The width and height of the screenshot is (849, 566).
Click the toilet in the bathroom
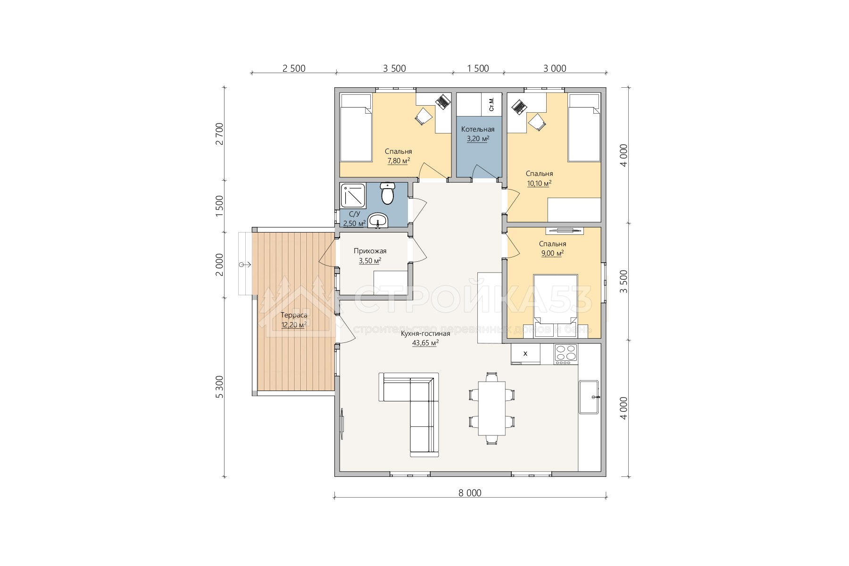pyautogui.click(x=388, y=193)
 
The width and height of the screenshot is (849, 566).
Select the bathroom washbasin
pyautogui.click(x=378, y=220)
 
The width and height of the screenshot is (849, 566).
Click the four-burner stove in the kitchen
pyautogui.click(x=566, y=354)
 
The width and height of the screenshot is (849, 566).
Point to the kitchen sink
pyautogui.click(x=589, y=397)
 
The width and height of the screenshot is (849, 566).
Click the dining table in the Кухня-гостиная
pyautogui.click(x=492, y=408)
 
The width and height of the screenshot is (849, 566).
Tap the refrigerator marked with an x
pyautogui.click(x=525, y=354)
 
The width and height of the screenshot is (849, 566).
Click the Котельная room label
pyautogui.click(x=478, y=129)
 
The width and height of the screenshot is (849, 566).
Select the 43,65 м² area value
pyautogui.click(x=425, y=343)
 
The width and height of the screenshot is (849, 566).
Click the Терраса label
pyautogui.click(x=294, y=316)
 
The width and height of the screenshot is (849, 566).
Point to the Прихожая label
pyautogui.click(x=370, y=251)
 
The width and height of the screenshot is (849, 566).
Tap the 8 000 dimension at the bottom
pyautogui.click(x=470, y=493)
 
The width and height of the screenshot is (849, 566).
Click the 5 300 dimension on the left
pyautogui.click(x=219, y=387)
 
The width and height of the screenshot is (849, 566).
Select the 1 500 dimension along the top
pyautogui.click(x=478, y=68)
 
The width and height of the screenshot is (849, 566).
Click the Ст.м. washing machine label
pyautogui.click(x=491, y=104)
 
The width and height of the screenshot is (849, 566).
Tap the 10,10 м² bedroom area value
pyautogui.click(x=539, y=183)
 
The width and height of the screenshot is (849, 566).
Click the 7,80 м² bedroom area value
pyautogui.click(x=398, y=161)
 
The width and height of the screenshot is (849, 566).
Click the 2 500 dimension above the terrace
pyautogui.click(x=294, y=68)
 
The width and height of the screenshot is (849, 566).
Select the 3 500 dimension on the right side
pyautogui.click(x=624, y=282)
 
